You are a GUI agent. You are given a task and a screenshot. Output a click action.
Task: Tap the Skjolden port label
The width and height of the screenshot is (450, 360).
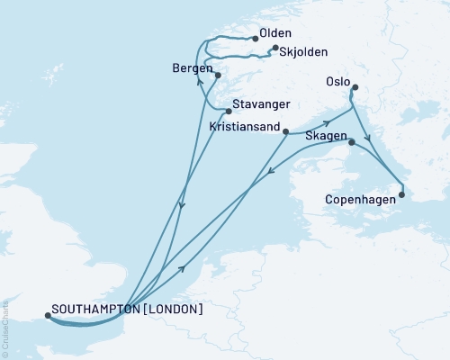pyautogui.click(x=303, y=52)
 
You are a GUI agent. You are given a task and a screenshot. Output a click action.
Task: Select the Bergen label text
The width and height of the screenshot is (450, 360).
pyautogui.click(x=190, y=69)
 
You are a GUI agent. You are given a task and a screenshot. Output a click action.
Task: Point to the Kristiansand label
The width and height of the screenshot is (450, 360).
pyautogui.click(x=244, y=127)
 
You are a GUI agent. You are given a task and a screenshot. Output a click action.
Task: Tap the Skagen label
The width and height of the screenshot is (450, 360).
pyautogui.click(x=327, y=134)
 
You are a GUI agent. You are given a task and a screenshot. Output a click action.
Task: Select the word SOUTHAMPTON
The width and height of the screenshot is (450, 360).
pyautogui.click(x=96, y=309)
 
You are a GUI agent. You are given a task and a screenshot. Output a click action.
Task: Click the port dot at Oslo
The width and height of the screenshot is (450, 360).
pyautogui.click(x=355, y=87)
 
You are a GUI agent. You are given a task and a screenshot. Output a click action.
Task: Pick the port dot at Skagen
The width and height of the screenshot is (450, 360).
pyautogui.click(x=351, y=141)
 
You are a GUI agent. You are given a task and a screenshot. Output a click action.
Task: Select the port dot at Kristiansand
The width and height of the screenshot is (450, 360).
pyautogui.click(x=285, y=133)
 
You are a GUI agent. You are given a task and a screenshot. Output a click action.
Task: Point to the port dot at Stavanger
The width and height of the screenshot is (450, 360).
pyautogui.click(x=229, y=112)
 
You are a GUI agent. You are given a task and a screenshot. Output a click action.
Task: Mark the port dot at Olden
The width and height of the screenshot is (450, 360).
pyautogui.click(x=253, y=39)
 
